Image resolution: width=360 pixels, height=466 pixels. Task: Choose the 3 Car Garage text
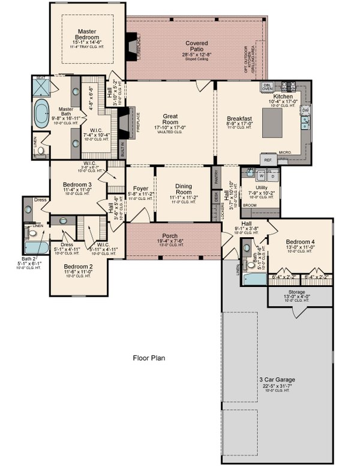tap(277, 379)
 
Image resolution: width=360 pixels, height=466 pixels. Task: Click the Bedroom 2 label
tap(78, 266)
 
